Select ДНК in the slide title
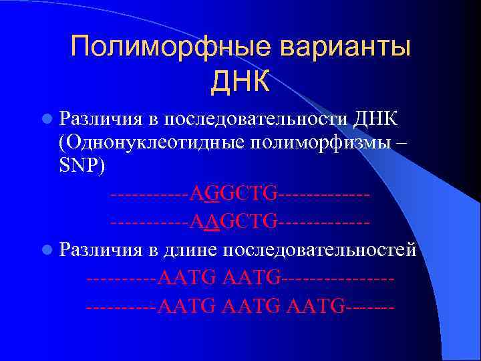point(240,82)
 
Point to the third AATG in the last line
point(316,308)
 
